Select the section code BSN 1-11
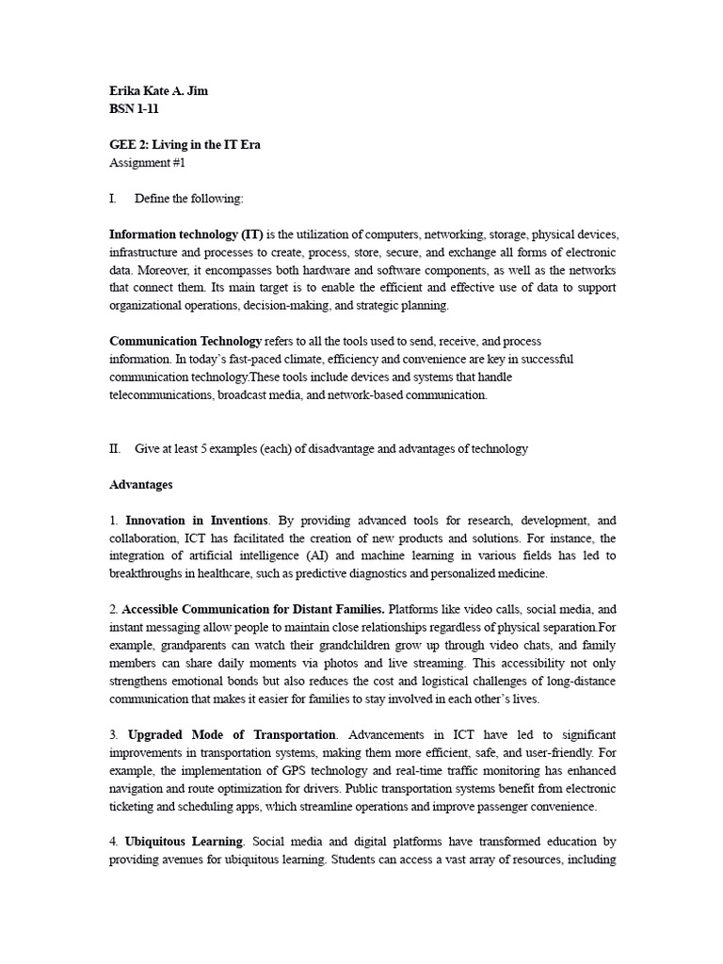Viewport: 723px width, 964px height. [x=135, y=109]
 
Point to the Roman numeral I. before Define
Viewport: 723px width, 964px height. [x=114, y=199]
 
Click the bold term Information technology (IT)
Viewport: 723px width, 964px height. [x=186, y=234]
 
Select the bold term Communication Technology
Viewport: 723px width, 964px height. [x=185, y=341]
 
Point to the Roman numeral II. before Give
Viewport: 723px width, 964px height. [x=116, y=449]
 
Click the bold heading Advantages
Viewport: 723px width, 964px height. [x=141, y=485]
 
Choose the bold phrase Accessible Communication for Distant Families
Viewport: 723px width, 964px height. [x=253, y=609]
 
